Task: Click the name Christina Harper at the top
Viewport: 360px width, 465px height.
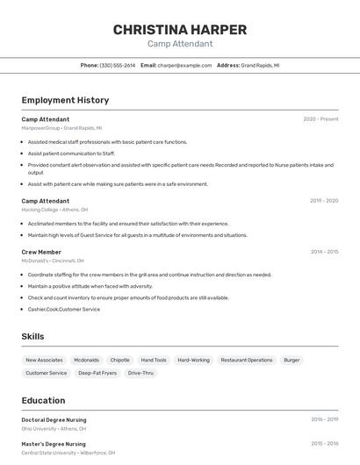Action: pos(180,30)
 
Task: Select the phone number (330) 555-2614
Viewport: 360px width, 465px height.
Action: pos(117,65)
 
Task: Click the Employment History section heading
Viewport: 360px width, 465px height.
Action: pos(65,100)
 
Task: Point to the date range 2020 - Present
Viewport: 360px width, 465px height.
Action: pos(320,119)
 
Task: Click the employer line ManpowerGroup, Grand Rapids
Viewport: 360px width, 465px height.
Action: pos(61,128)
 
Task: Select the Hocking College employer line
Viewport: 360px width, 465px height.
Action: pos(54,210)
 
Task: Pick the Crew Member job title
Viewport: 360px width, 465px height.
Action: pos(41,252)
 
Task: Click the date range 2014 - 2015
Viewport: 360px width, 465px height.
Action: pos(324,252)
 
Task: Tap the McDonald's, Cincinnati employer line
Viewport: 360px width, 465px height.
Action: pos(53,261)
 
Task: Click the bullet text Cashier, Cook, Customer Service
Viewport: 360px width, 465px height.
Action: pos(63,309)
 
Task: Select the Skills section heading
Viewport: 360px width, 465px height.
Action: pos(32,336)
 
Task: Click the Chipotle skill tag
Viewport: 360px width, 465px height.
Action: pos(119,360)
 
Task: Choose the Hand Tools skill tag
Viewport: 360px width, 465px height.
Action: pos(154,360)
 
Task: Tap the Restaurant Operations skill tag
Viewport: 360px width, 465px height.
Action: pos(247,360)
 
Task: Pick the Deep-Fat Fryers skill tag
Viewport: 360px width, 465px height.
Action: pos(97,373)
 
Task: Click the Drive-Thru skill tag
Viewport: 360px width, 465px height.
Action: pos(140,373)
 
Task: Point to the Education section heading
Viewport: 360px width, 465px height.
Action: pos(43,400)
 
